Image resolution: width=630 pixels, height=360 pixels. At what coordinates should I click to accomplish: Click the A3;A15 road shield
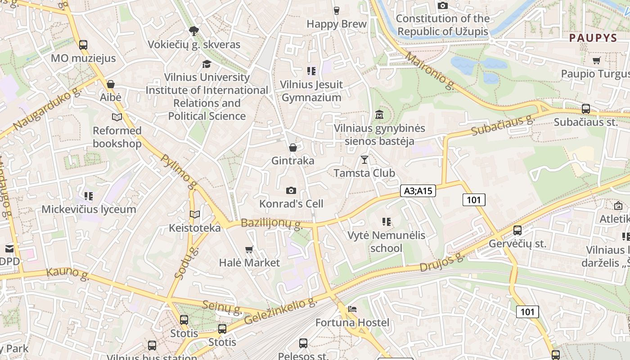point(418,191)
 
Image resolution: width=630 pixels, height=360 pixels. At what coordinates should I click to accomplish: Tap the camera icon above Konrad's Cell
point(291,190)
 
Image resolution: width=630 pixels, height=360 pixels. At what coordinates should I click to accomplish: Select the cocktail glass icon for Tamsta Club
point(364,160)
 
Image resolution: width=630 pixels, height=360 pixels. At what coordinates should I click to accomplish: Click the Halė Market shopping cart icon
point(249,249)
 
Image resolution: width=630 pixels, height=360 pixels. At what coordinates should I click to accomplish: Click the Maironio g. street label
point(429,71)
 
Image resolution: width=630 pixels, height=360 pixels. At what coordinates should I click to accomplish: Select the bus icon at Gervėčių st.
point(517,230)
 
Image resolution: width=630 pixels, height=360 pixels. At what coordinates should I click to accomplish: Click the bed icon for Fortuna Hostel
point(352,309)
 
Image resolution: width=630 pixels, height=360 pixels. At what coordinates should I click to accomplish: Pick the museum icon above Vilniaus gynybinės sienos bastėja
point(379,115)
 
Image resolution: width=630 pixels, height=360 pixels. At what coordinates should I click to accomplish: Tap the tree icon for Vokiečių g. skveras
point(194,31)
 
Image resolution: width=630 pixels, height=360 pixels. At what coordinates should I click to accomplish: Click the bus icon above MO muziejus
point(83,45)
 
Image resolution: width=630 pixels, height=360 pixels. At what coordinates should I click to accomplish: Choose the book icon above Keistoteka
point(194,215)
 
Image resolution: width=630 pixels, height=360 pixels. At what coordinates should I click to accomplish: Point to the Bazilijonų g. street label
point(271,224)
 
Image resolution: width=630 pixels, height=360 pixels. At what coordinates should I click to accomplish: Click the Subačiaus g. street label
point(502,126)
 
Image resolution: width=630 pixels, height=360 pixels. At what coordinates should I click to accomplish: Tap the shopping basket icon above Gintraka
point(293,148)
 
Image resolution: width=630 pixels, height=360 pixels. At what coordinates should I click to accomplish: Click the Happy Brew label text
point(337,24)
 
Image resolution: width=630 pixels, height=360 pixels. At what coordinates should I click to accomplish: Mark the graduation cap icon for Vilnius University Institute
point(207,64)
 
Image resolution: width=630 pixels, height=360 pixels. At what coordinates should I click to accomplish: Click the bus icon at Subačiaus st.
point(585,108)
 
